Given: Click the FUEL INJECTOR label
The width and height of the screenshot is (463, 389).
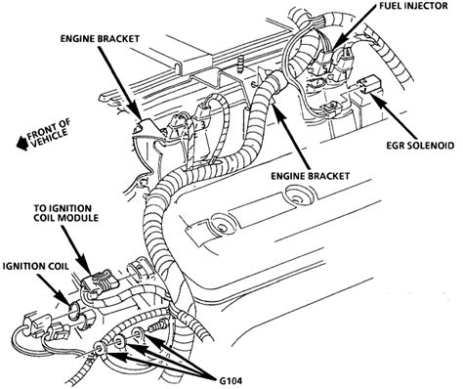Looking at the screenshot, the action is pos(413,6).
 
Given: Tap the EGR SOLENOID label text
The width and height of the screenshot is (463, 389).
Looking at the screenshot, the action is pos(420,146).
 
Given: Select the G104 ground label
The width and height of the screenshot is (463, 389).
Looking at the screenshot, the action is pos(230,380).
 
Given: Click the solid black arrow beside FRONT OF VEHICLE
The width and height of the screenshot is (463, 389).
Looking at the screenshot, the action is pos(22,143).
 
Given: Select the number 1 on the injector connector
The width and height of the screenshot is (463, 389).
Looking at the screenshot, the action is pos(178,133).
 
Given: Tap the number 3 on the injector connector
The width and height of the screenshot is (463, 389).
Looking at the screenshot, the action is pos(202,124).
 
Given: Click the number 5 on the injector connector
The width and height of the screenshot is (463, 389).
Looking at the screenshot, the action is pos(325,67).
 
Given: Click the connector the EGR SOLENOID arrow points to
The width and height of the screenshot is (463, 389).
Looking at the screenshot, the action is pos(367,84).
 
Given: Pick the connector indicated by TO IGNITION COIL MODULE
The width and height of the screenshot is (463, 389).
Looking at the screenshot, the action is pos(97,284).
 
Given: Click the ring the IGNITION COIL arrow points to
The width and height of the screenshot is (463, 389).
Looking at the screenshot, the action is pos(74,313).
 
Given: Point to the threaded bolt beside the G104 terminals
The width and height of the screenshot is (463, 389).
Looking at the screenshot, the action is pos(156,326).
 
